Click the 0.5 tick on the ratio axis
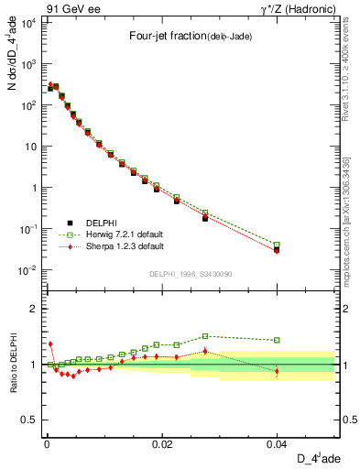tap(29, 420)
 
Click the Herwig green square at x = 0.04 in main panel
tap(277, 245)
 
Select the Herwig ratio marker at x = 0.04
tap(277, 340)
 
